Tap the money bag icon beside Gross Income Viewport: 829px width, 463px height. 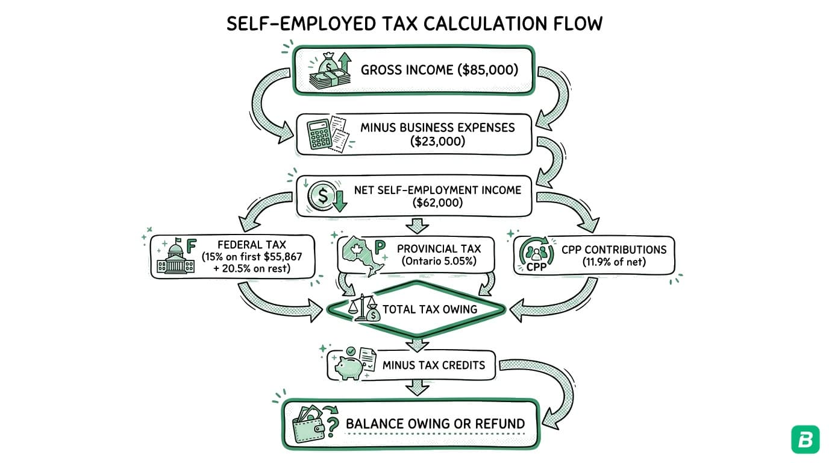(329, 70)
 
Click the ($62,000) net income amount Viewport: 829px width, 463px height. (437, 203)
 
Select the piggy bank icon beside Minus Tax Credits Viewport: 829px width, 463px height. (350, 364)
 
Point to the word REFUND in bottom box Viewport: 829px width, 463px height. (496, 424)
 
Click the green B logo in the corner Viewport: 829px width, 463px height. (805, 439)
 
